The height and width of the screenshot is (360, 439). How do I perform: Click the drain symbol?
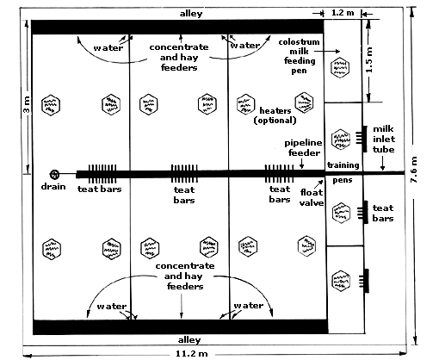pos(54,174)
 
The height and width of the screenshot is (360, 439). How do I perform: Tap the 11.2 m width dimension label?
pos(191,353)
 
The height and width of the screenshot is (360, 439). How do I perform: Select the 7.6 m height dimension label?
pos(415,170)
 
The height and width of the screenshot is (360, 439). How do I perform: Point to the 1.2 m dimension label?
pos(343,13)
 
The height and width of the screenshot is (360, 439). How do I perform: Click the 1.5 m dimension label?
pos(369,59)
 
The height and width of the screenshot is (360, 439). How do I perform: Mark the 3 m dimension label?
pos(27,105)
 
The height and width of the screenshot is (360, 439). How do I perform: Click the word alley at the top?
pos(191,14)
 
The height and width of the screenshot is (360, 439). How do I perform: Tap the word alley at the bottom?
pos(189,340)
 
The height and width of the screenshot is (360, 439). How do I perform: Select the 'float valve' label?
pos(312,197)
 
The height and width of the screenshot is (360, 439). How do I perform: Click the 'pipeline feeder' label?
pos(304,147)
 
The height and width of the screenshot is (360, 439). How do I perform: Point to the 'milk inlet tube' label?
pos(384,139)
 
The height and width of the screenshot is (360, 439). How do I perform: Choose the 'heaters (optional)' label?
pos(275,115)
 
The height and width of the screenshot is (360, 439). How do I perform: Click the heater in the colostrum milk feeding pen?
pos(340,68)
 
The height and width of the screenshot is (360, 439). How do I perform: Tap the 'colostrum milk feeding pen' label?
pos(299,56)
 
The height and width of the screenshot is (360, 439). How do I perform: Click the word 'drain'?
pos(53,187)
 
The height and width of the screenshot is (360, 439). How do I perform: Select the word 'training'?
pos(343,165)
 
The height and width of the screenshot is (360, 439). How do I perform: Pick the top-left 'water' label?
pos(108,47)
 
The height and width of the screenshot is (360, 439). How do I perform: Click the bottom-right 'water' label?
pos(249,306)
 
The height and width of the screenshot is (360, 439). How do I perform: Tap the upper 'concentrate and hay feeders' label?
pos(179,57)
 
